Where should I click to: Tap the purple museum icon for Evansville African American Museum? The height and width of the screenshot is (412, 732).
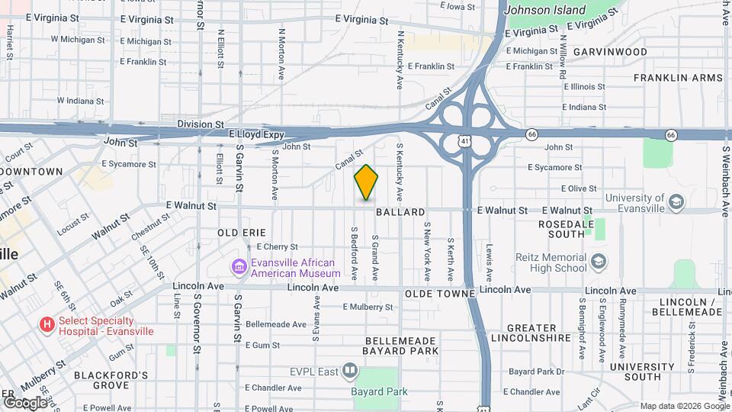(239, 267)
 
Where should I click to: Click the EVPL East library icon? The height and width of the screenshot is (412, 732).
(350, 372)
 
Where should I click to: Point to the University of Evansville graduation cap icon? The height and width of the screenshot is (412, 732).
(676, 203)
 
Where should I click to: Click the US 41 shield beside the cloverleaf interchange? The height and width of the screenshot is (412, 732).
(464, 141)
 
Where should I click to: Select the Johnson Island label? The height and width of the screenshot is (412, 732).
(545, 11)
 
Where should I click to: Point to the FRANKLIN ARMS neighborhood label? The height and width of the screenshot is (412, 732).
(677, 78)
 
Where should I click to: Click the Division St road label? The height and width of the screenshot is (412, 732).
(201, 124)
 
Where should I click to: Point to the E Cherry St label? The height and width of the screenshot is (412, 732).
(277, 246)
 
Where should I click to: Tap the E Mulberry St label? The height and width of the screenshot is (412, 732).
(369, 307)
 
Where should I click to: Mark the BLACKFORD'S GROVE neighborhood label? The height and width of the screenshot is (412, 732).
(111, 380)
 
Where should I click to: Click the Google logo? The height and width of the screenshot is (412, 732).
(25, 402)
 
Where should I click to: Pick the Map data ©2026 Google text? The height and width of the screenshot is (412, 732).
(685, 406)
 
